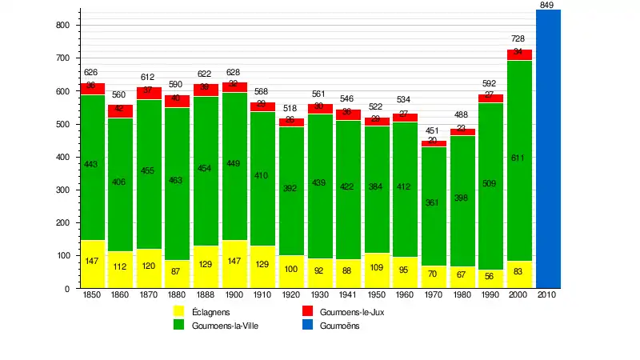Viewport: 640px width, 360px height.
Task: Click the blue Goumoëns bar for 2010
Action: [x=548, y=149]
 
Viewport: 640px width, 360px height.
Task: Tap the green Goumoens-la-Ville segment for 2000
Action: [x=520, y=160]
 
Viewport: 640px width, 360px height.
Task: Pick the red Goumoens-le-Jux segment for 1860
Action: [x=121, y=110]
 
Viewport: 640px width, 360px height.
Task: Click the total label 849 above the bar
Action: [x=547, y=6]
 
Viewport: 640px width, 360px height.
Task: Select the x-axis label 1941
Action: [x=348, y=295]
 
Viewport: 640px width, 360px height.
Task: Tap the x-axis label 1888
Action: [x=206, y=295]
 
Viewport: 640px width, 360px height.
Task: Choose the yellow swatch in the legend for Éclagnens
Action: [x=179, y=312]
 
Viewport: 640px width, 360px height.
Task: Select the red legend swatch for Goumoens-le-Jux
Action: [x=306, y=312]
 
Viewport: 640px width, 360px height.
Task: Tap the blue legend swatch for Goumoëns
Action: [x=306, y=326]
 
